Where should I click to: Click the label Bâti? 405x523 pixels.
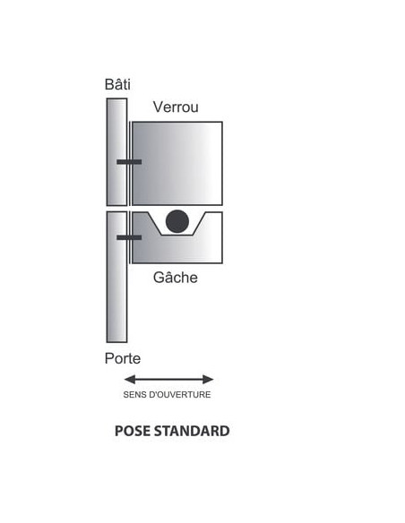pyautogui.click(x=117, y=84)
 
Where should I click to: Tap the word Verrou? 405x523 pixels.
pyautogui.click(x=176, y=107)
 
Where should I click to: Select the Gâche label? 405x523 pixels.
pyautogui.click(x=175, y=278)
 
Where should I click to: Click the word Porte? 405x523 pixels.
pyautogui.click(x=123, y=358)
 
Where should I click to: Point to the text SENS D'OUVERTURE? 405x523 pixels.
pyautogui.click(x=167, y=395)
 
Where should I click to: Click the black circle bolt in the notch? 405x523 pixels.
pyautogui.click(x=177, y=221)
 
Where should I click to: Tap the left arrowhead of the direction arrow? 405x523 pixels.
pyautogui.click(x=129, y=379)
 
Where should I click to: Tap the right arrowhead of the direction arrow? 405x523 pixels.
pyautogui.click(x=208, y=379)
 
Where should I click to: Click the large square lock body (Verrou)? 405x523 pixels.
pyautogui.click(x=177, y=163)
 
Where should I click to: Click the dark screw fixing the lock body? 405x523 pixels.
pyautogui.click(x=129, y=162)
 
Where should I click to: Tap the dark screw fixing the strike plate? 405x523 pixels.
pyautogui.click(x=129, y=237)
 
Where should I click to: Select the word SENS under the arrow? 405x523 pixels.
pyautogui.click(x=134, y=395)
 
